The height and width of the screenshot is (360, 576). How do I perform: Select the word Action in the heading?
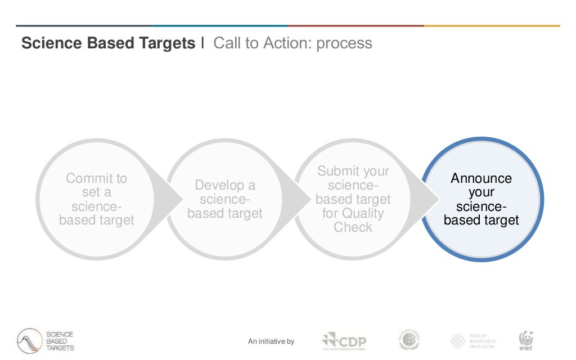click(292, 43)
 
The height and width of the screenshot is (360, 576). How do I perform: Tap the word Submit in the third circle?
click(337, 171)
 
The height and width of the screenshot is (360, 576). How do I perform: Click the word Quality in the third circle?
click(361, 213)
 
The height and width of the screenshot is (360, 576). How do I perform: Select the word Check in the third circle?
click(353, 227)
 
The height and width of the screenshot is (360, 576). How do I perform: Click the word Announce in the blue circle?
click(481, 178)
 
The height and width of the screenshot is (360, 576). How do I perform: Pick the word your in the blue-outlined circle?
click(481, 192)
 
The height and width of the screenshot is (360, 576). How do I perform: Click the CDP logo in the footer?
click(344, 341)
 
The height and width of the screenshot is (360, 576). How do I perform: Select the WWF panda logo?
click(526, 340)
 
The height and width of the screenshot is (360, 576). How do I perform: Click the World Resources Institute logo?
click(472, 341)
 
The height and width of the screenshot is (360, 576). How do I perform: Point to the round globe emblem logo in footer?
click(410, 340)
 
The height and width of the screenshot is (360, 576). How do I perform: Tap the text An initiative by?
click(271, 341)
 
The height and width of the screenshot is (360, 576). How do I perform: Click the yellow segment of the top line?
click(492, 25)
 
